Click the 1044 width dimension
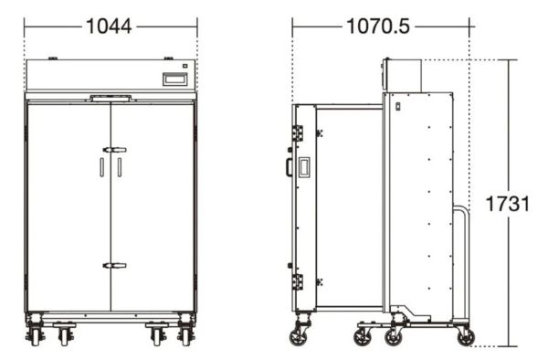coord(109,26)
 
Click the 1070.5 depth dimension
coord(378,26)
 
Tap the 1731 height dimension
coord(508,204)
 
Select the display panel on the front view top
coord(175,79)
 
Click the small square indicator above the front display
coord(184,66)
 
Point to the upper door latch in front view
coord(115,150)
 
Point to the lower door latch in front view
coord(115,266)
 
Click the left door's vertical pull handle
coord(101,167)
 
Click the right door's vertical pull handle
coord(120,167)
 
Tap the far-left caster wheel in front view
coord(36,336)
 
